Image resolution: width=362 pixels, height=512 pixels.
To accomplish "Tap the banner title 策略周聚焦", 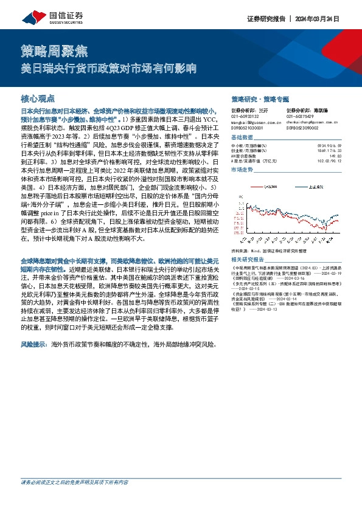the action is tap(45, 52).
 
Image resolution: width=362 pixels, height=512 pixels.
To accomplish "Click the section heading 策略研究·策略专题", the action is tap(260, 99).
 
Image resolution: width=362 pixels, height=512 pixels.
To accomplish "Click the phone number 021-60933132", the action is tap(245, 116).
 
